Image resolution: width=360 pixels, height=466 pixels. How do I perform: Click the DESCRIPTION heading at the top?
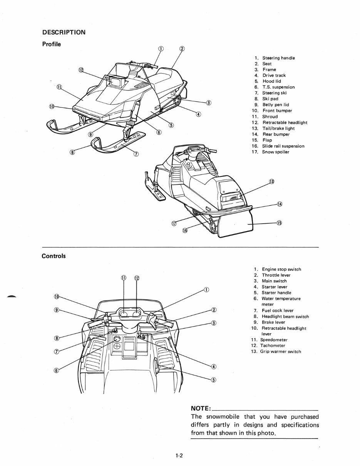coord(64,32)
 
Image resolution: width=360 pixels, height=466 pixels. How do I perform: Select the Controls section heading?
coord(54,256)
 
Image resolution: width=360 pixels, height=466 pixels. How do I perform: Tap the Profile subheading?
coord(51,44)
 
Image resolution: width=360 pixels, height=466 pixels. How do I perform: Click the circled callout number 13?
coord(271,182)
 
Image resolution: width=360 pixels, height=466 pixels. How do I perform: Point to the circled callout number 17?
coord(174,223)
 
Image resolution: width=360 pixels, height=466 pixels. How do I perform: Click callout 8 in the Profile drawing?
coord(72,152)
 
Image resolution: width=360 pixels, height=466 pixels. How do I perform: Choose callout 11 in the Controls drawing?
coord(124,278)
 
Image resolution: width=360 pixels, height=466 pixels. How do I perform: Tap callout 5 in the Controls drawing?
coord(214,380)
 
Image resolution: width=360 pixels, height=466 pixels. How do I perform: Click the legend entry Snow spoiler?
coord(275,152)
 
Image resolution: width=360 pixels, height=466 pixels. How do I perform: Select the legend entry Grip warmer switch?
coord(280,352)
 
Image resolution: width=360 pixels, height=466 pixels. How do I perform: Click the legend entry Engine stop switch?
coord(281,270)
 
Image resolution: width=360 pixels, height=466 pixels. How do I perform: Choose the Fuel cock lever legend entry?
coord(277,310)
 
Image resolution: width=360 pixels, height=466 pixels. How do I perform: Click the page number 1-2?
coord(179,456)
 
